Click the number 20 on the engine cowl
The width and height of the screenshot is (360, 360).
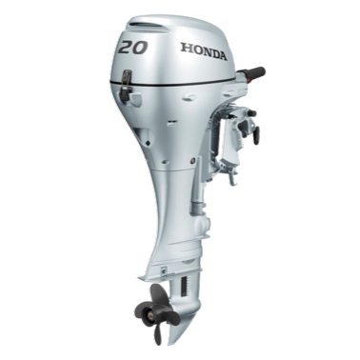[x=133, y=48]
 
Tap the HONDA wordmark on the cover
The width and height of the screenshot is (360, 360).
[x=204, y=51]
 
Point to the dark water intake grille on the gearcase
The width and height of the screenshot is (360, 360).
[x=184, y=288]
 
